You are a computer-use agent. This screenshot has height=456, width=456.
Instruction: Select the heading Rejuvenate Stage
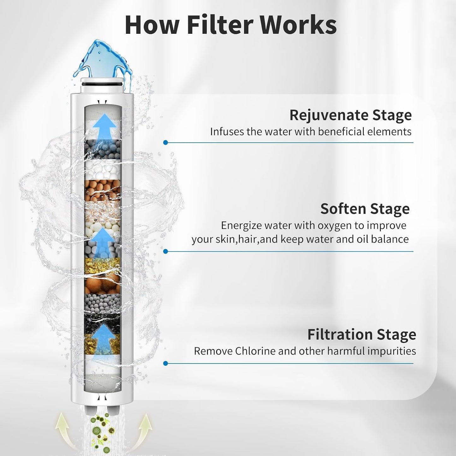(351, 115)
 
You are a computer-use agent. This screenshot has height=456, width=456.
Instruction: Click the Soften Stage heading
(365, 209)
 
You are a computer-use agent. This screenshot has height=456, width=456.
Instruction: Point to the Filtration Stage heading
(362, 335)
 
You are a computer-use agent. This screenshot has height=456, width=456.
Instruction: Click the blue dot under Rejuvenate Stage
(166, 142)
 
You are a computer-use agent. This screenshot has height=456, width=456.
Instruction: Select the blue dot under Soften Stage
(166, 251)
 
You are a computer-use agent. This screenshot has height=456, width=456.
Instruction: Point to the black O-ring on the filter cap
(102, 84)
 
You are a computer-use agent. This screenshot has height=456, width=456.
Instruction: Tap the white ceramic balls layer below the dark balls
(103, 170)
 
